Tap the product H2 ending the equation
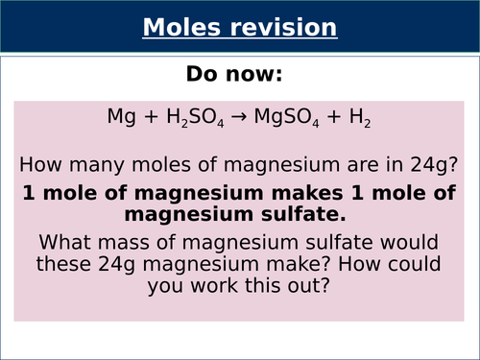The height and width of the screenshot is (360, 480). coord(361,118)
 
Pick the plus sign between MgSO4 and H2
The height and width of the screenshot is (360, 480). coord(331,117)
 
